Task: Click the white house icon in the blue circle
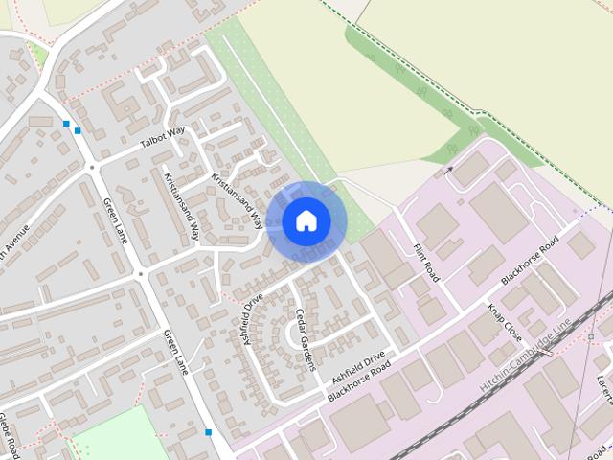pyautogui.click(x=306, y=221)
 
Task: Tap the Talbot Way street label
pyautogui.click(x=162, y=138)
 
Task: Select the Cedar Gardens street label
pyautogui.click(x=306, y=339)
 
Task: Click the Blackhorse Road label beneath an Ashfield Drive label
pyautogui.click(x=359, y=382)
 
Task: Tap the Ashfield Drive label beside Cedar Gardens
pyautogui.click(x=252, y=319)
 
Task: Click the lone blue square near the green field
pyautogui.click(x=208, y=432)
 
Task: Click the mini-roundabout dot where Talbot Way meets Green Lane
pyautogui.click(x=93, y=168)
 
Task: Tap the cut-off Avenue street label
pyautogui.click(x=14, y=243)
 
